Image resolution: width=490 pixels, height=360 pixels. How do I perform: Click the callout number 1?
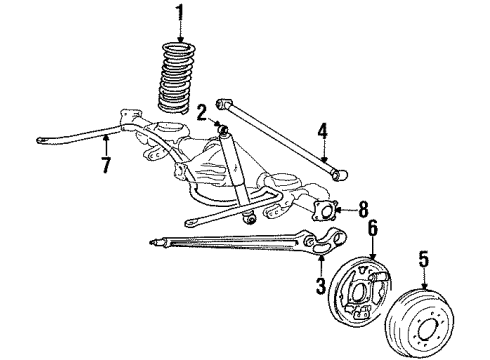coord(181,13)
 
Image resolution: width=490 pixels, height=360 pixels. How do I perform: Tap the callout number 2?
coord(202,111)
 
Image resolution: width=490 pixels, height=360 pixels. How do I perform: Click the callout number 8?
coord(361,211)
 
